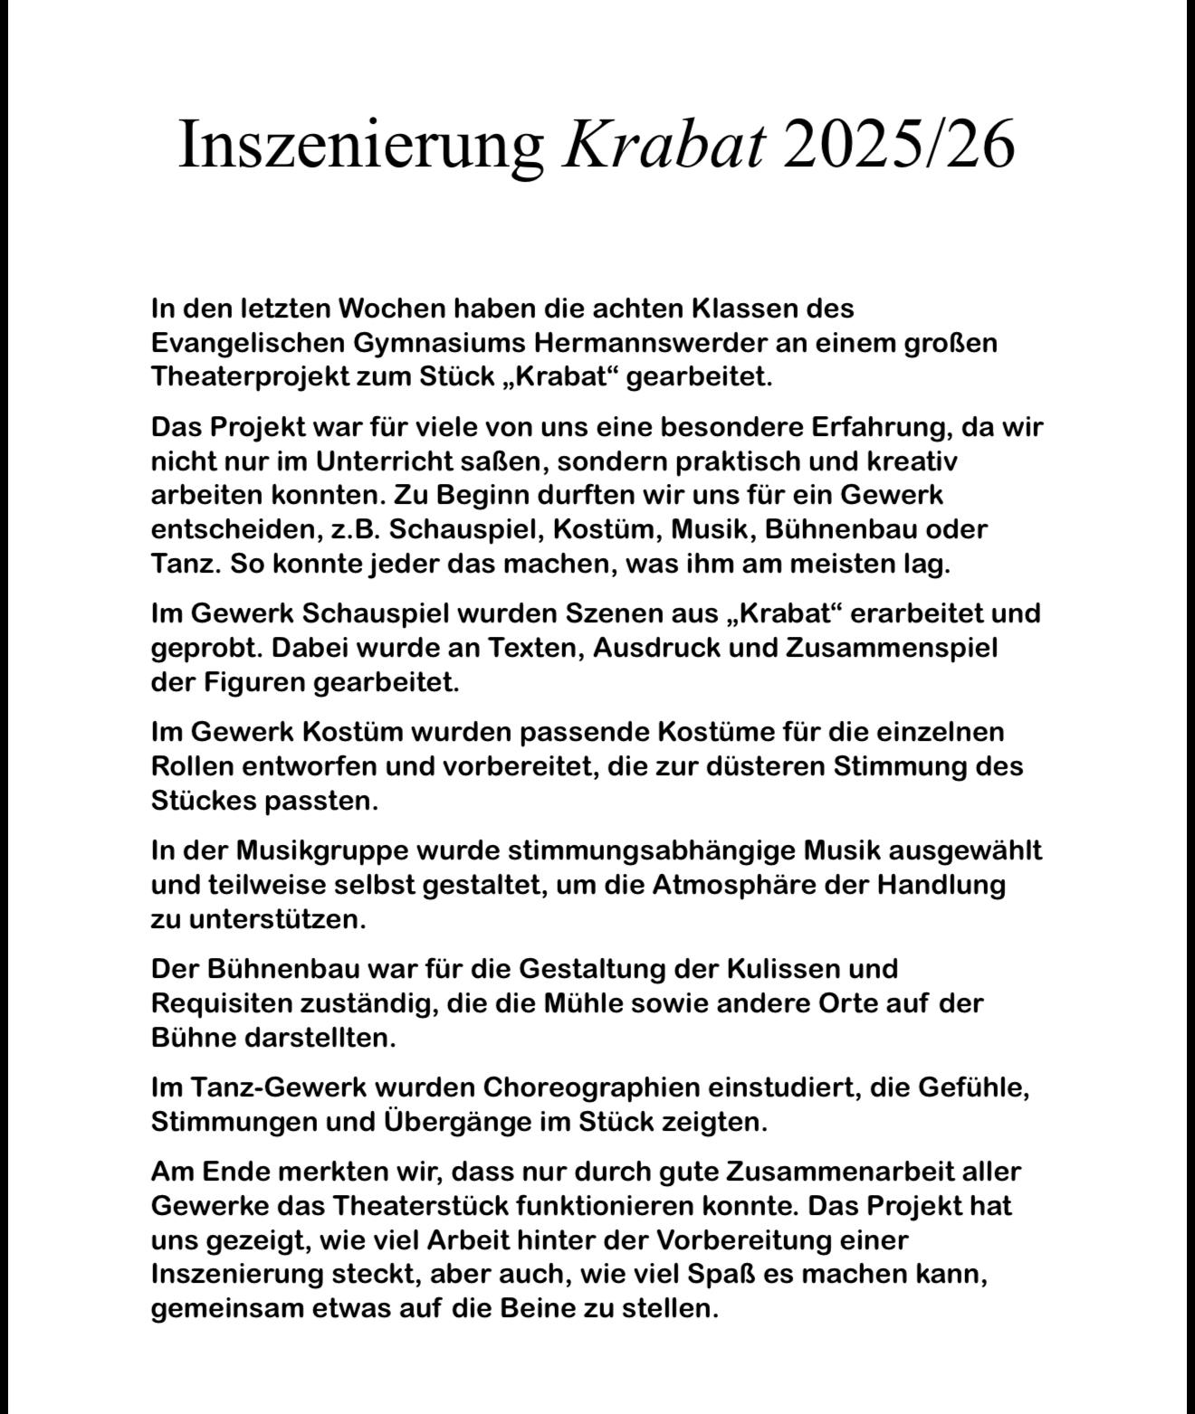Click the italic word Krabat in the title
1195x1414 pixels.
point(664,144)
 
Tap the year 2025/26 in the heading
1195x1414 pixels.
point(899,144)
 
